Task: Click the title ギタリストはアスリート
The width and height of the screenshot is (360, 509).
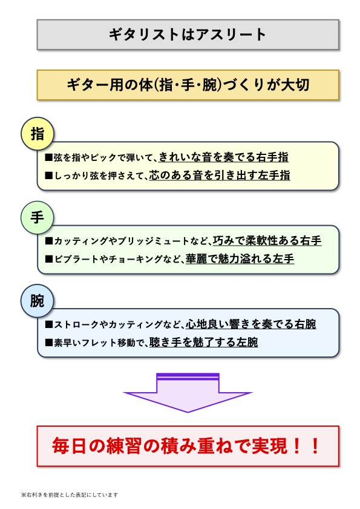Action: pyautogui.click(x=188, y=34)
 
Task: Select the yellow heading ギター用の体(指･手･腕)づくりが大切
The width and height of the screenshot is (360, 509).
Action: pyautogui.click(x=188, y=85)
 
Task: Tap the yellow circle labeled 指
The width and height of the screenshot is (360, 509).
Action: pyautogui.click(x=38, y=133)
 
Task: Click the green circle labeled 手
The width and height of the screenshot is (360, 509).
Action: pyautogui.click(x=38, y=217)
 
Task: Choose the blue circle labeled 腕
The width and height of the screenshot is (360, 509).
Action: pyautogui.click(x=38, y=300)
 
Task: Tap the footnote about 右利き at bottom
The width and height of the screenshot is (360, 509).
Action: pyautogui.click(x=69, y=494)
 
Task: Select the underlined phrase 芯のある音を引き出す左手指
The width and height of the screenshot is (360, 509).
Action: pyautogui.click(x=220, y=176)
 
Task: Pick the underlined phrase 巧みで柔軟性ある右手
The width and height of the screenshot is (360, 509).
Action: pyautogui.click(x=267, y=241)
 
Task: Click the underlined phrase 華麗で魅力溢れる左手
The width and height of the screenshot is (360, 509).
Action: pyautogui.click(x=240, y=259)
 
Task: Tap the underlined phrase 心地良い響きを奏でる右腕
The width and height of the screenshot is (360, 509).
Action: pyautogui.click(x=251, y=324)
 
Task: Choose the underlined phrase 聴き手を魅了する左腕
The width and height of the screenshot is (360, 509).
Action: pyautogui.click(x=204, y=343)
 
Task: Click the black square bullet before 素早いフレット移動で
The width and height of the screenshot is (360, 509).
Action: pyautogui.click(x=49, y=343)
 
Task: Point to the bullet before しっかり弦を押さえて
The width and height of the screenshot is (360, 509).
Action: pyautogui.click(x=49, y=176)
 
